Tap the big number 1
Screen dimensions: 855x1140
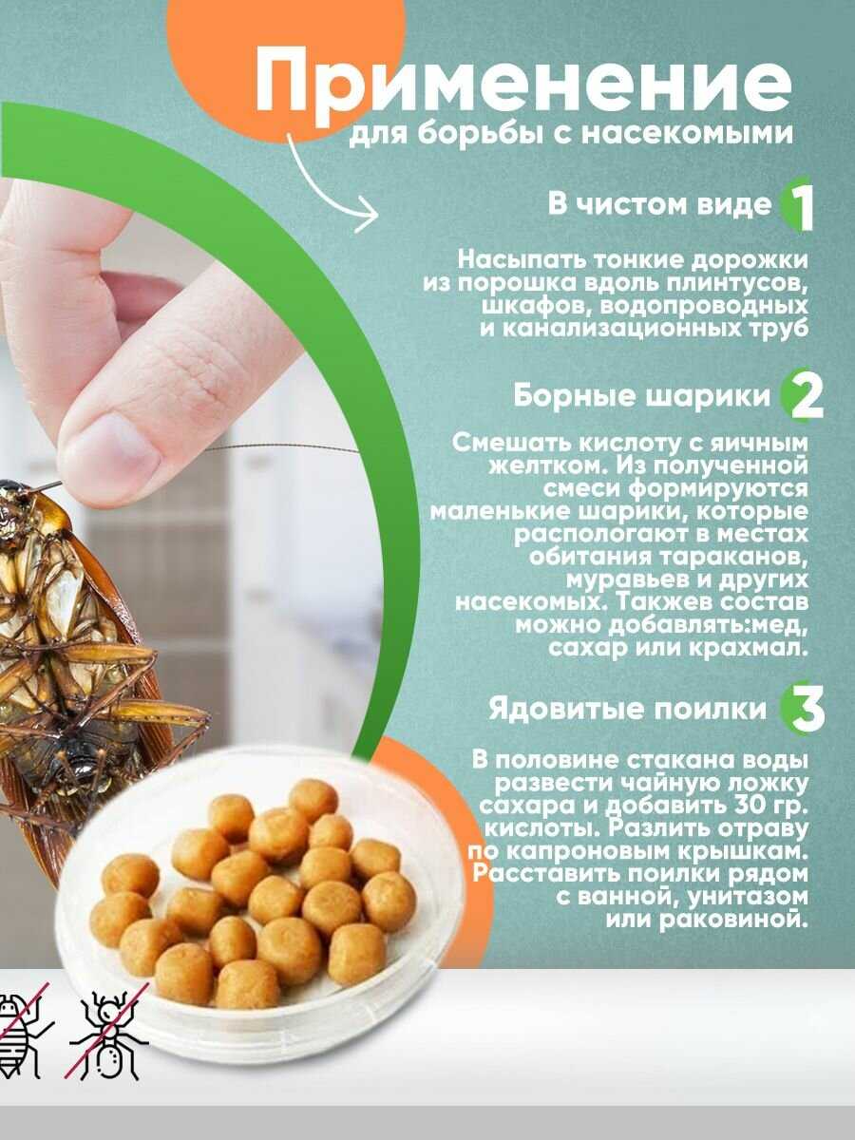tap(801, 208)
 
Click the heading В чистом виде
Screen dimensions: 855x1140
tap(660, 205)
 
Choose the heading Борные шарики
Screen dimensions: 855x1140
tap(642, 397)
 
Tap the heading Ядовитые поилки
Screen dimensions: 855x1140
tap(627, 709)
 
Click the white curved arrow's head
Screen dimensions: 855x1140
tap(369, 218)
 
